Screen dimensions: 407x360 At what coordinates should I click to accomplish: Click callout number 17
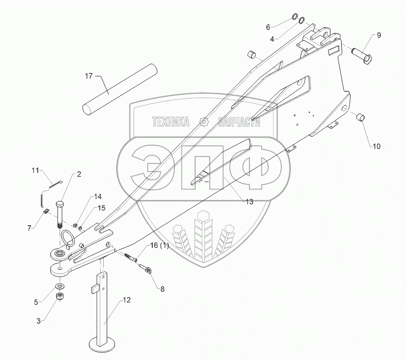point(89,76)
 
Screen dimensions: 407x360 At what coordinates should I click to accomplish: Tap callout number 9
point(379,35)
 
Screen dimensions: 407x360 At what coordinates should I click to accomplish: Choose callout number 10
point(376,147)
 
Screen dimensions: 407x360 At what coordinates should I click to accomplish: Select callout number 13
point(249,201)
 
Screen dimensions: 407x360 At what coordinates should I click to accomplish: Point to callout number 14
point(98,196)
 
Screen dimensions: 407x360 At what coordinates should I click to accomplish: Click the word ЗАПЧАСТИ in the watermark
point(238,122)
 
